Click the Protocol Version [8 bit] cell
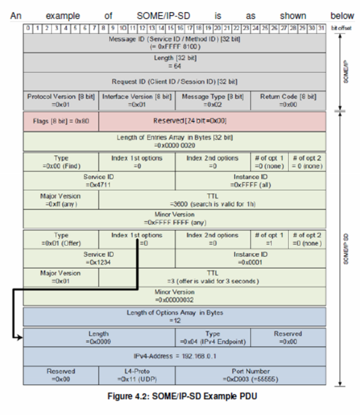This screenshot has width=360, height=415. [x=61, y=100]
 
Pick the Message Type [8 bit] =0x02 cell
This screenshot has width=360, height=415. [x=212, y=100]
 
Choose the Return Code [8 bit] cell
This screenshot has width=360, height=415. [x=288, y=100]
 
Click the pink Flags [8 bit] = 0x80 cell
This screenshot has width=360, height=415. [x=61, y=121]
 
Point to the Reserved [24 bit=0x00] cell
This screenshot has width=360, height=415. [x=212, y=121]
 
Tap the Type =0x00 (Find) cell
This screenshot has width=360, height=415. [x=61, y=162]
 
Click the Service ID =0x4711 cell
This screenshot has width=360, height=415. [x=99, y=181]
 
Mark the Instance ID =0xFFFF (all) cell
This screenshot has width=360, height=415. [x=250, y=181]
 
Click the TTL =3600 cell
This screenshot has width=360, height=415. [x=212, y=200]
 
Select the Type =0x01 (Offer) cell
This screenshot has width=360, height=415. [x=61, y=239]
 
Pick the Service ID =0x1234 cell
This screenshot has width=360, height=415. [x=99, y=258]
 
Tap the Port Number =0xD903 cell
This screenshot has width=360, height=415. [x=250, y=375]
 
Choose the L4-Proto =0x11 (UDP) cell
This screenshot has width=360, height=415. [x=136, y=375]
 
